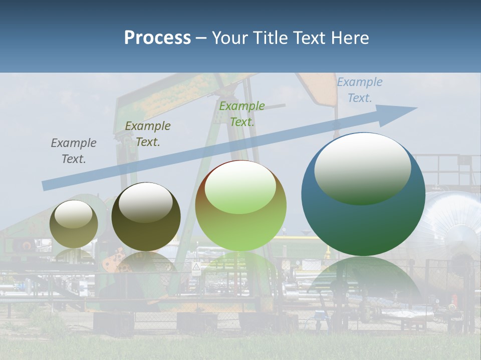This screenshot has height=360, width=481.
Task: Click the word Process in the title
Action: click(x=157, y=38)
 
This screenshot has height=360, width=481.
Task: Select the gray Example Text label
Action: click(x=74, y=151)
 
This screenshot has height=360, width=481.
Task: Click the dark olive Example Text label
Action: click(x=148, y=134)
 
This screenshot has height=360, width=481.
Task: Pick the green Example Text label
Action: click(x=242, y=114)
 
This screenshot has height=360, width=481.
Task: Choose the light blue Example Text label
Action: click(x=360, y=90)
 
